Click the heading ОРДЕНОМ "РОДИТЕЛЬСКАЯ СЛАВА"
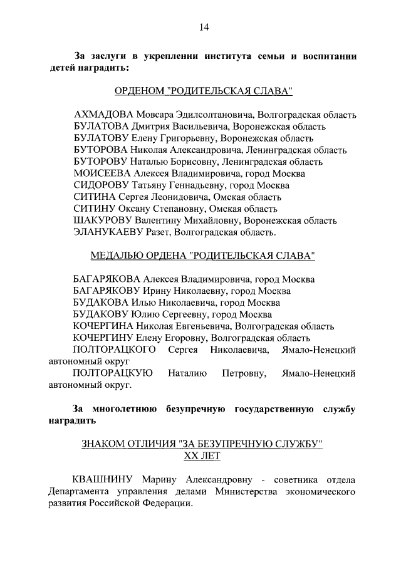pyautogui.click(x=203, y=91)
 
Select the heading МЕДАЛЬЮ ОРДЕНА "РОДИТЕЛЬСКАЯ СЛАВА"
pyautogui.click(x=203, y=256)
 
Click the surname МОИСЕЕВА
pyautogui.click(x=102, y=174)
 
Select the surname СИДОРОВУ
pyautogui.click(x=101, y=185)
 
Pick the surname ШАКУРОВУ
pyautogui.click(x=103, y=221)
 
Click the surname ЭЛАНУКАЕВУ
pyautogui.click(x=108, y=232)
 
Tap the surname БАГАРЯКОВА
pyautogui.click(x=107, y=279)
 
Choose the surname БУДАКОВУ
pyautogui.click(x=101, y=315)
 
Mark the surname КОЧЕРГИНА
pyautogui.click(x=105, y=326)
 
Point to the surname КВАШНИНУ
pyautogui.click(x=103, y=480)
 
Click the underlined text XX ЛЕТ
pyautogui.click(x=202, y=456)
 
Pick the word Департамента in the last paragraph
pyautogui.click(x=81, y=492)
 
